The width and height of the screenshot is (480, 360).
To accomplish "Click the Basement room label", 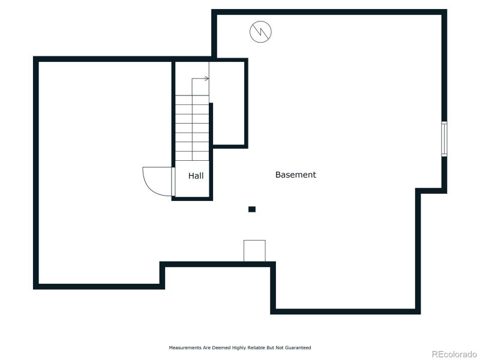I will coord(295,175).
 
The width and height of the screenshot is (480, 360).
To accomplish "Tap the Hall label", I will coord(196,176).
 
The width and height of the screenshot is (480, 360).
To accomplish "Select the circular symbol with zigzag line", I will coord(260,32).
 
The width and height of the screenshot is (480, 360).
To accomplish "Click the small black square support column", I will coord(252,209).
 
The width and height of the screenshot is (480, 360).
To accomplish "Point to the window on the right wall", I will coord(444,139).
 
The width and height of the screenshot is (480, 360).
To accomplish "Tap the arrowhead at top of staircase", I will coord(206,79).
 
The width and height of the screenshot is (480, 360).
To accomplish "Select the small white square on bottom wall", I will coord(254,251).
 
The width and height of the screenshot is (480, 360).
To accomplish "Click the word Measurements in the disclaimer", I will coord(182,347).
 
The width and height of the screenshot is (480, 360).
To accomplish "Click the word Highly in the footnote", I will coord(233,347).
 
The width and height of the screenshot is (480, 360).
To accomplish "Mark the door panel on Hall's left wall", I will coord(173,181).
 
